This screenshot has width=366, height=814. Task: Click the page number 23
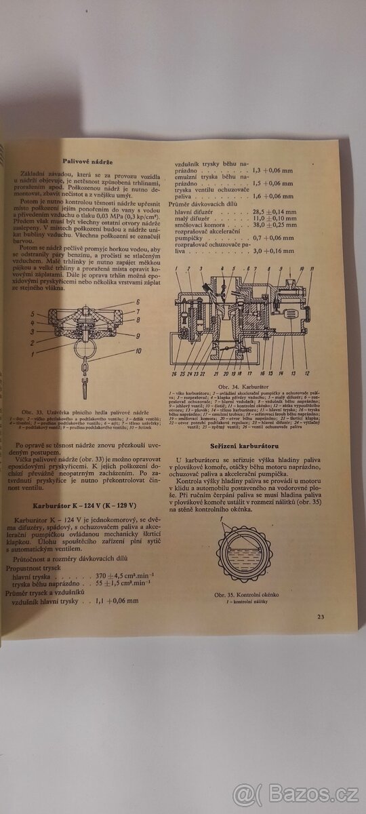321,616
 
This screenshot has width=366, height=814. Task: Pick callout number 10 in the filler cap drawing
138,351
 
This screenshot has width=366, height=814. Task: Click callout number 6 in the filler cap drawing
138,302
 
